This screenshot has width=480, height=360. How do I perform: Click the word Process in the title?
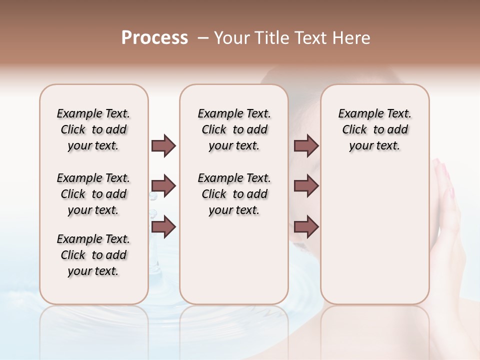[x=154, y=38]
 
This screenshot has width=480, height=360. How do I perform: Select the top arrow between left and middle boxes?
[x=163, y=145]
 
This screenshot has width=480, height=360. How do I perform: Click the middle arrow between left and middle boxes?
[x=163, y=186]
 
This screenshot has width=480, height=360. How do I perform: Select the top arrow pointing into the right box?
[x=306, y=145]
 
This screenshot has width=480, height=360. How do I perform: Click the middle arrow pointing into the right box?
[x=306, y=186]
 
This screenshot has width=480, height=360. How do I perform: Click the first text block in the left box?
[x=93, y=129]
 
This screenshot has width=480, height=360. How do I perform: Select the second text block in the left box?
[x=93, y=194]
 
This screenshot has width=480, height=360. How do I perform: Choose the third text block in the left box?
[x=93, y=255]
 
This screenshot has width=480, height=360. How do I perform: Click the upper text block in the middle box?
[x=234, y=129]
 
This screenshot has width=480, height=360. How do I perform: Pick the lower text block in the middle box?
[x=234, y=194]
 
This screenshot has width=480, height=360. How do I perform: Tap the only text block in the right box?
[x=374, y=129]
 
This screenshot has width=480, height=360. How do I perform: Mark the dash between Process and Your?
[x=203, y=38]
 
